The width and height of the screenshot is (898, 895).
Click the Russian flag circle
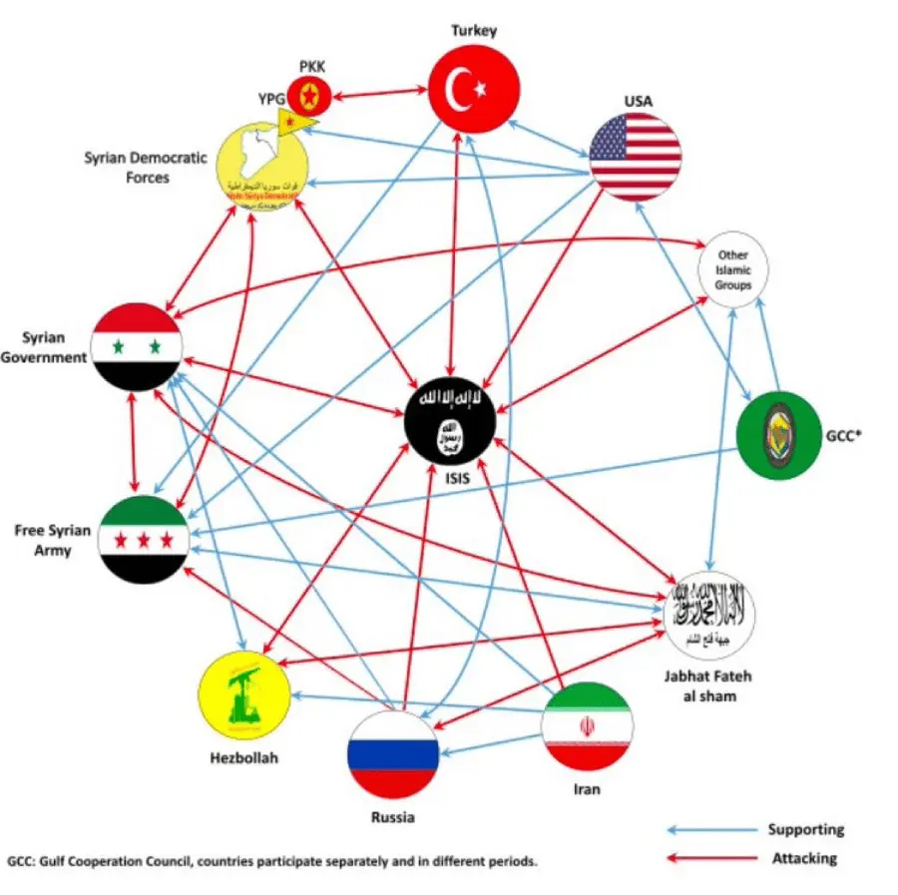[393, 754]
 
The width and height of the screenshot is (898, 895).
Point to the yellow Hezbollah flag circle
[245, 693]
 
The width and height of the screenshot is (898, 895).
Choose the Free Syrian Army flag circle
[144, 539]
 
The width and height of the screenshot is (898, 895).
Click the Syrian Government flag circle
[137, 347]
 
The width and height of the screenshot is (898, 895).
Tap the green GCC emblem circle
[778, 435]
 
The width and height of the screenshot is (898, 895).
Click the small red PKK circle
[309, 96]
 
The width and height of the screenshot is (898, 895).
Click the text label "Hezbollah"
[243, 757]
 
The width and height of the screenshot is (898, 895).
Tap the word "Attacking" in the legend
[805, 858]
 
